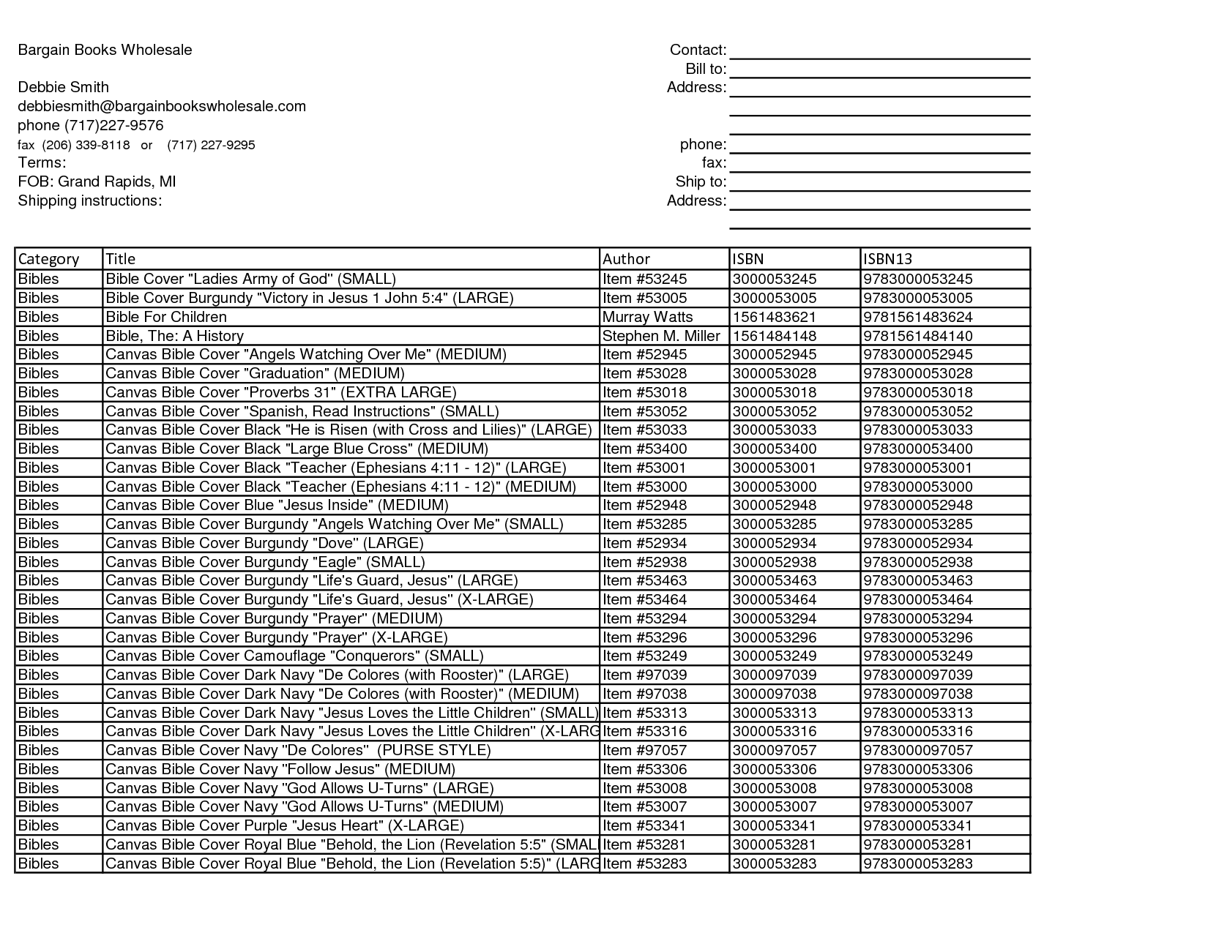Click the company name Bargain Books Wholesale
point(105,50)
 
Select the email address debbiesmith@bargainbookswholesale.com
point(162,106)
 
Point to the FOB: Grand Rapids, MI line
point(97,181)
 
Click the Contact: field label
point(698,50)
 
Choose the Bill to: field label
point(706,69)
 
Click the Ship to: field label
point(701,181)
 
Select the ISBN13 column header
point(887,259)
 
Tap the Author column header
point(626,259)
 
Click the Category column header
point(48,259)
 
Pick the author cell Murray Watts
point(647,317)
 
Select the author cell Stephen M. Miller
point(661,336)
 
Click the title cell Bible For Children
point(166,317)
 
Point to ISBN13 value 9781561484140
point(918,336)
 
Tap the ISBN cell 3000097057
point(774,750)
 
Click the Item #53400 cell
point(644,449)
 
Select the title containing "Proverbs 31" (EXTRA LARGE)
point(281,392)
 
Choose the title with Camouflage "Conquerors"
point(294,656)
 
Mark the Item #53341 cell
point(644,825)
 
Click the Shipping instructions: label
point(89,201)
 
